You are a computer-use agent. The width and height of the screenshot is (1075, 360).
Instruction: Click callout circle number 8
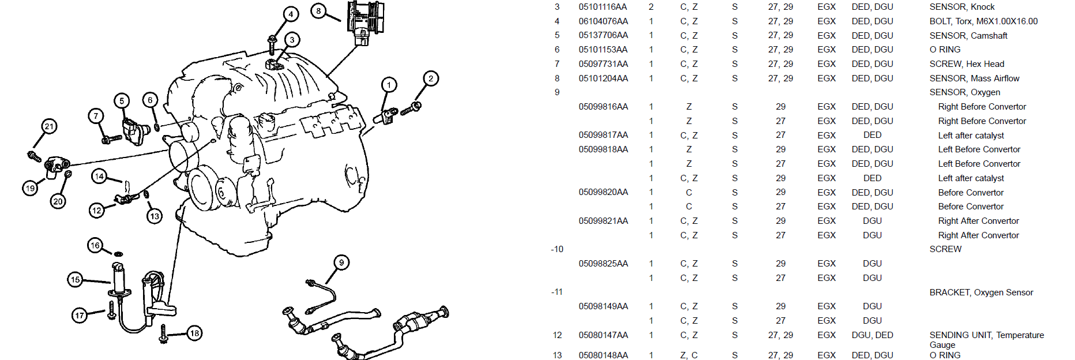point(319,10)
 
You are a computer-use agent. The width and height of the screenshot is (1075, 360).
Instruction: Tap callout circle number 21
point(49,126)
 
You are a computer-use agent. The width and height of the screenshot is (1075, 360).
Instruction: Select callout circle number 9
point(341,262)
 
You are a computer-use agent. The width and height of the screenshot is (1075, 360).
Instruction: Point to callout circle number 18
point(195,333)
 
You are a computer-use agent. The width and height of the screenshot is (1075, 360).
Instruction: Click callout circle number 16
point(95,245)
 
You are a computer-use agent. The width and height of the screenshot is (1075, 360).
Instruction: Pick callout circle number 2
point(431,78)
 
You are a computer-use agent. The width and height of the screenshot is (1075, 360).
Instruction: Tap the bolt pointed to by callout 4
point(272,44)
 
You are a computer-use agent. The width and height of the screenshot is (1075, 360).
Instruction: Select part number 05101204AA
point(603,78)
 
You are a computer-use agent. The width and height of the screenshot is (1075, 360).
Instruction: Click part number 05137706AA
point(603,36)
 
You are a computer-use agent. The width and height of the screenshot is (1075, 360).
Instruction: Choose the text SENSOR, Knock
point(962,7)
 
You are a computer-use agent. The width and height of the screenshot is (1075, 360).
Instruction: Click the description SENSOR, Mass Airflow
point(974,78)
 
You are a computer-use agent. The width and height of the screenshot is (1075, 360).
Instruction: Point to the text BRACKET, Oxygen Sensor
point(981,292)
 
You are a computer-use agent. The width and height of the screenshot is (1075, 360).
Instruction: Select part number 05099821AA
point(603,221)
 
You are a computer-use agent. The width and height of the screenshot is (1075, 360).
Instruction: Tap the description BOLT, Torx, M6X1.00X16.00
point(983,21)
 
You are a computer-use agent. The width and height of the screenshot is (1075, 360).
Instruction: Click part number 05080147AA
point(603,335)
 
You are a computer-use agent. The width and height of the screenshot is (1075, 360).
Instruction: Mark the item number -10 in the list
point(557,249)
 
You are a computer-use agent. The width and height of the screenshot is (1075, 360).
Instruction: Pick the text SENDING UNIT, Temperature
point(986,335)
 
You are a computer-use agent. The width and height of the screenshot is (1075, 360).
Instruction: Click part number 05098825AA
point(603,264)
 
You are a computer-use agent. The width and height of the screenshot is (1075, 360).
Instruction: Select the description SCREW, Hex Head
point(967,64)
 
